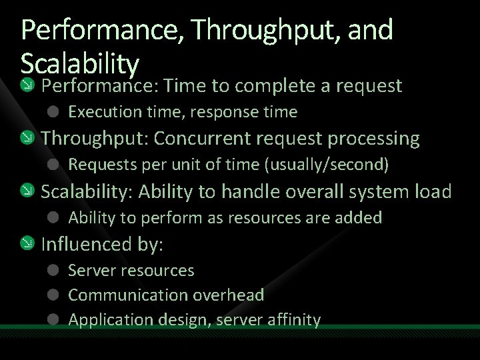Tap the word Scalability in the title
tap(79, 63)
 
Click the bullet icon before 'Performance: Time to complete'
tap(27, 85)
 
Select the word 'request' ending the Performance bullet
tap(369, 85)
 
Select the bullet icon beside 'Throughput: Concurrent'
tap(27, 138)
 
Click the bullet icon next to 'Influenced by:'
tap(27, 244)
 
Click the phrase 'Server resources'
tap(131, 270)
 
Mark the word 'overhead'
tap(228, 295)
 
